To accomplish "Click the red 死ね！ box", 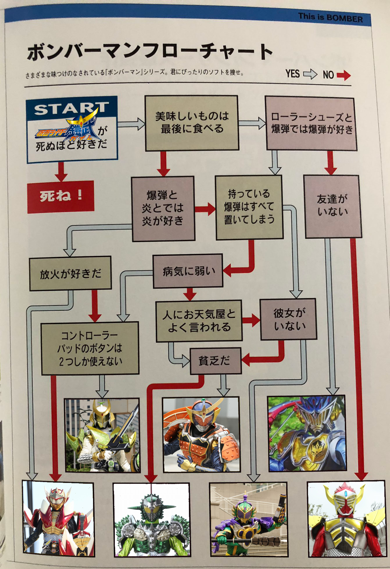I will coord(61,197).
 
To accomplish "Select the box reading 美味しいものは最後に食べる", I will coord(192,123).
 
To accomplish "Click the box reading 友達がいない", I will coord(332,206).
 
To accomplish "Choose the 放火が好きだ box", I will coord(70,273).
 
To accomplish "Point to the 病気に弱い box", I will coord(188,271).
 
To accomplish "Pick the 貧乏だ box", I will coord(215,361).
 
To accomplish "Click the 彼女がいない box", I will coord(289,319).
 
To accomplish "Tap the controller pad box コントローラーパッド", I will coord(90,348).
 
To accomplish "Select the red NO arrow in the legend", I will coord(343,75).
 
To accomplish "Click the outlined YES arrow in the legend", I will coord(310,74).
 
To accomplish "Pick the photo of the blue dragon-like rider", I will coord(307,433).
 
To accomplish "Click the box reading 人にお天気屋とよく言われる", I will coord(199,321).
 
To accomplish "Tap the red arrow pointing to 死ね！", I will coord(61,171).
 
